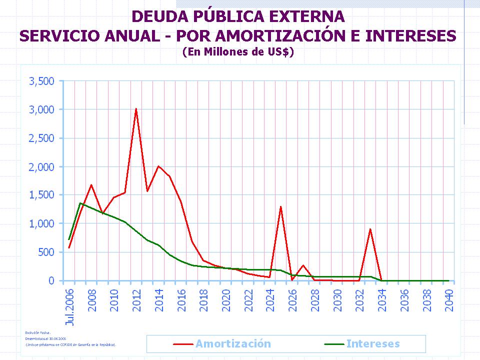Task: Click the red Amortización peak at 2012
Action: [x=136, y=108]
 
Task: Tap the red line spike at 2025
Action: [x=281, y=206]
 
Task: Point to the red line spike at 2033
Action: [x=370, y=229]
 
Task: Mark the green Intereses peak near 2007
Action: [x=80, y=203]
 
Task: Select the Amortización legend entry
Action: [x=233, y=344]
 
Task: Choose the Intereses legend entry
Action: [x=373, y=344]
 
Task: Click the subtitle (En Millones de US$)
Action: [x=237, y=51]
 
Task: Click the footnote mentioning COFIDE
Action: [x=71, y=344]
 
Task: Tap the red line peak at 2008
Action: [x=91, y=185]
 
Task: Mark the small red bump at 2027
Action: [x=303, y=265]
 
